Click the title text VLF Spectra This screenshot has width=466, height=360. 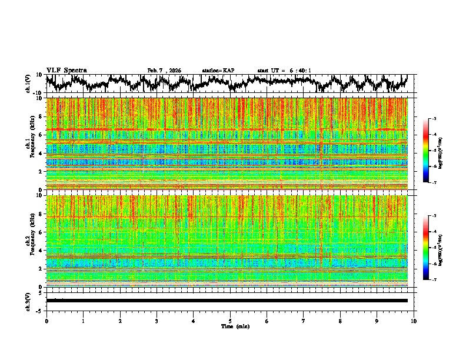pyautogui.click(x=66, y=70)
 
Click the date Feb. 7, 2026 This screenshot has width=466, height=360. pyautogui.click(x=164, y=71)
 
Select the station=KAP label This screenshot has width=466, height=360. pyautogui.click(x=218, y=71)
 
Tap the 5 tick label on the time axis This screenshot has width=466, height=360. pyautogui.click(x=230, y=321)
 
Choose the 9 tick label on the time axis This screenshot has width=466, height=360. pyautogui.click(x=377, y=321)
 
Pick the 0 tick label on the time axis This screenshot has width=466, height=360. pyautogui.click(x=46, y=321)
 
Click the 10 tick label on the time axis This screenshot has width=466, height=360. pyautogui.click(x=414, y=321)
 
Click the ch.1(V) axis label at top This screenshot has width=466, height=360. pyautogui.click(x=28, y=84)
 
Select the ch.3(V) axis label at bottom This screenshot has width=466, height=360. pyautogui.click(x=28, y=301)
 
